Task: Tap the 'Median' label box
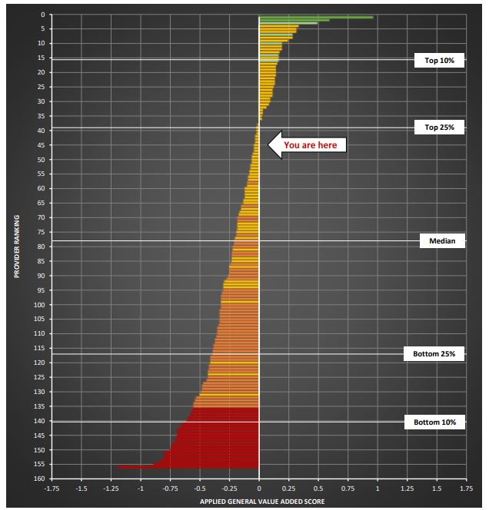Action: pos(442,241)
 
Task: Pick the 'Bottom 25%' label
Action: pos(434,354)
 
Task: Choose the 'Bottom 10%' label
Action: pos(434,422)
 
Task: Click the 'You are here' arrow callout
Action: pos(308,144)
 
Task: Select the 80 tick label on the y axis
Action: pos(40,247)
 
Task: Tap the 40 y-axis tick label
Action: pos(40,131)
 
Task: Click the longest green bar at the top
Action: pos(316,16)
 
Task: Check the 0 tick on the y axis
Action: pos(42,15)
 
